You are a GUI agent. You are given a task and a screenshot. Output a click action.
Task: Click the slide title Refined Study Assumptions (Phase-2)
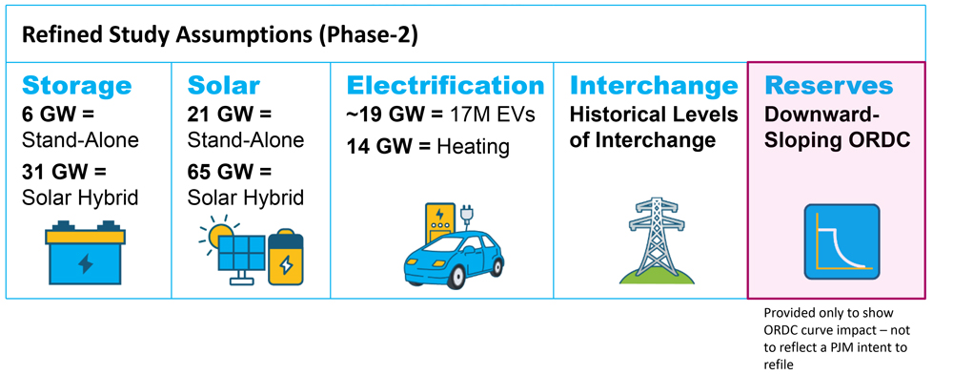tap(219, 36)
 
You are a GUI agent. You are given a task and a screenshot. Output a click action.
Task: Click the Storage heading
tap(76, 86)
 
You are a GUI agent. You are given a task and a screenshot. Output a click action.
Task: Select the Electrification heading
tap(445, 86)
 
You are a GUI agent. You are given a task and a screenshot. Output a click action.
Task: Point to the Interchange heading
tap(654, 86)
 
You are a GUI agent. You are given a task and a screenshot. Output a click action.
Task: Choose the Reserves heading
tap(829, 86)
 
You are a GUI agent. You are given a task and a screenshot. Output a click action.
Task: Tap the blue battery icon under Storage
tap(85, 253)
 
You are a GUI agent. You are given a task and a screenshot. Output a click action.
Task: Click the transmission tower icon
tap(655, 239)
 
